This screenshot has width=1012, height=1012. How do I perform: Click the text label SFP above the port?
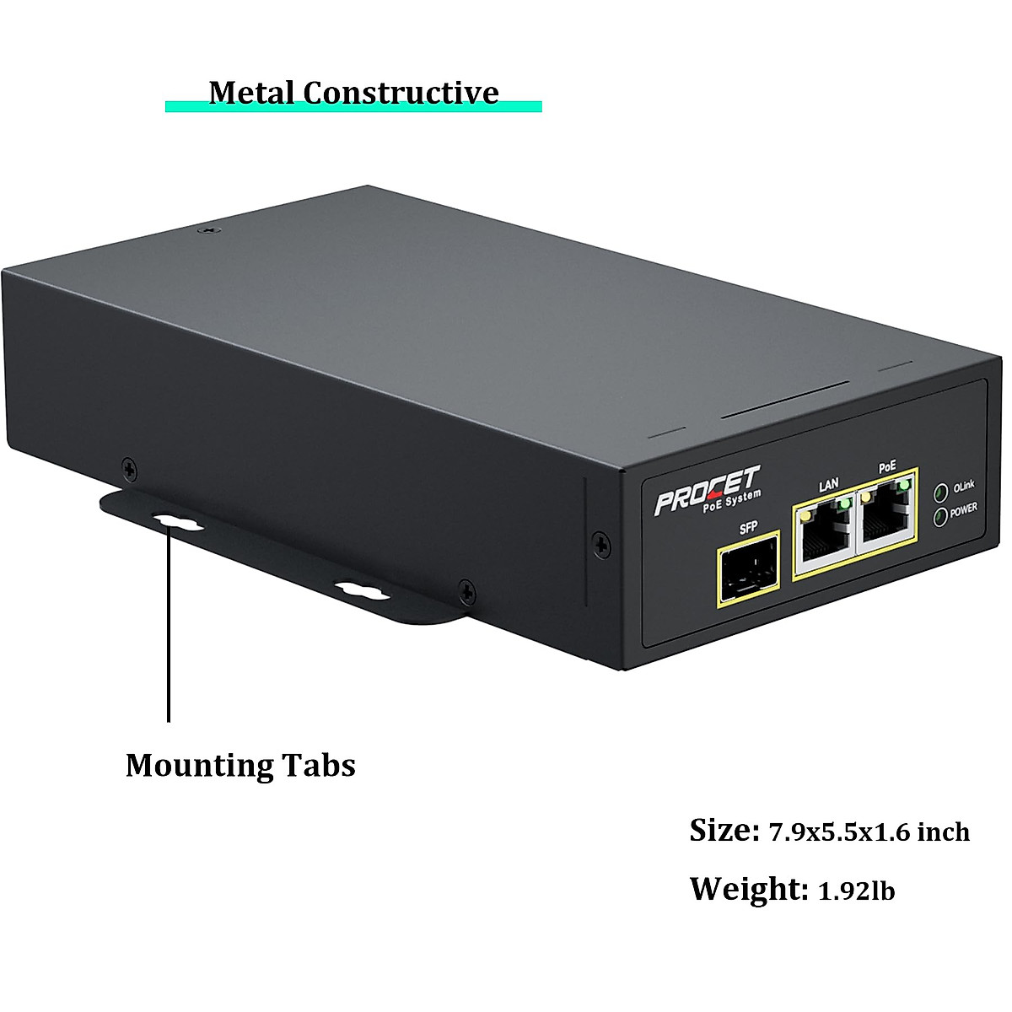[747, 529]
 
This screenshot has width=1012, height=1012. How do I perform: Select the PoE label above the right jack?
[886, 466]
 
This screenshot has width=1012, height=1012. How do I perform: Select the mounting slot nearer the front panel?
[362, 589]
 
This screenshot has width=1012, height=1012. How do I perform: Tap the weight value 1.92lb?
[856, 891]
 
